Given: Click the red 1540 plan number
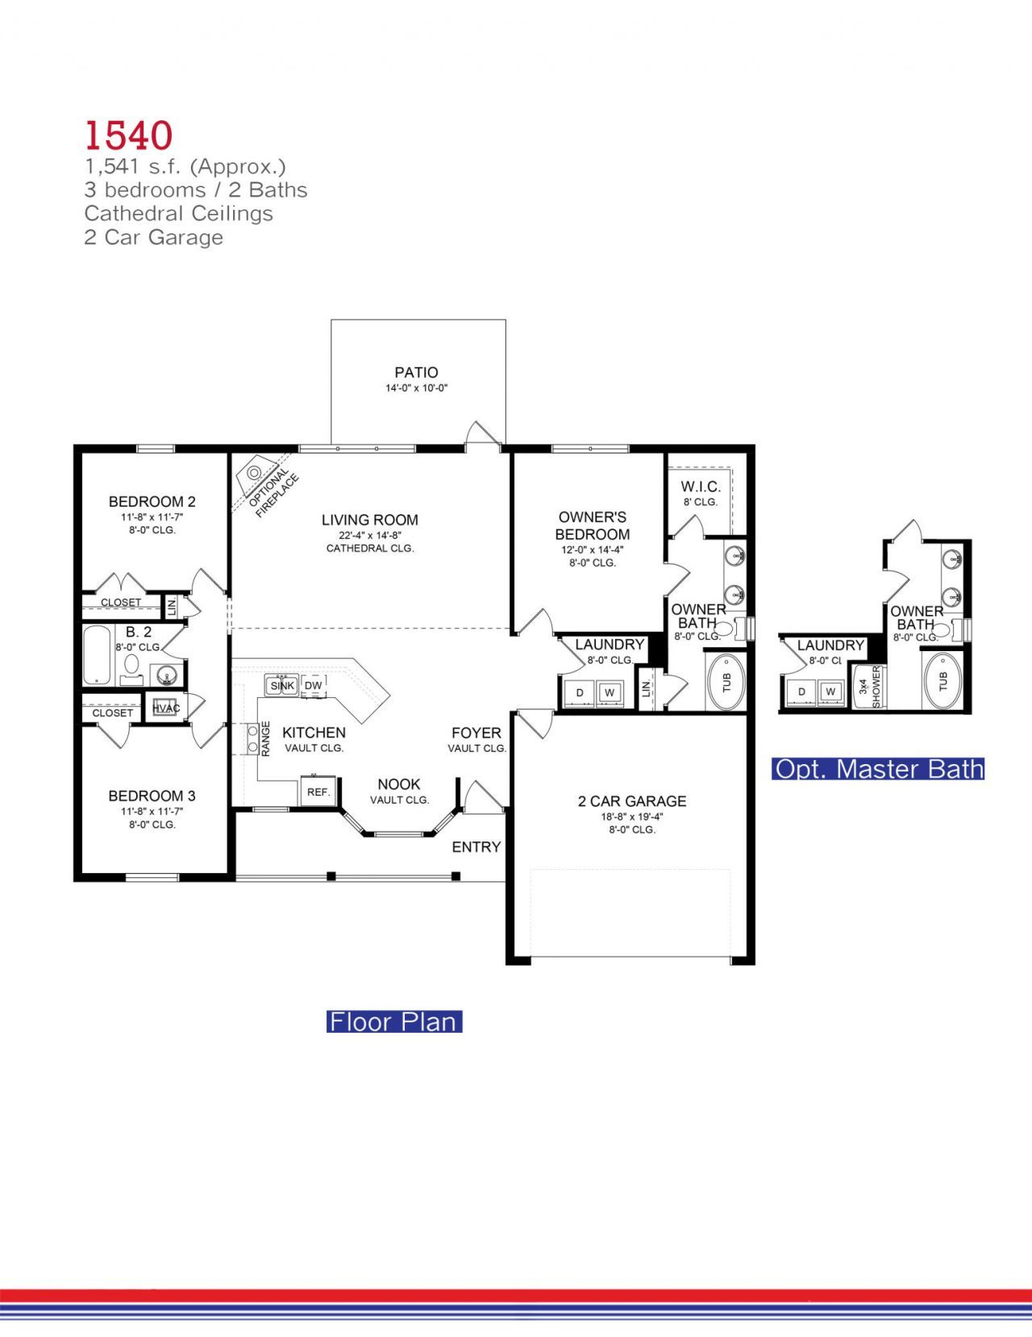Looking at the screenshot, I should (x=128, y=136).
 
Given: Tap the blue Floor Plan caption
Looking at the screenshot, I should (x=393, y=1022).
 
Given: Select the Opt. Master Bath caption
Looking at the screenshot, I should (x=878, y=769).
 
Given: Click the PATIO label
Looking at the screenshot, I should (x=416, y=373).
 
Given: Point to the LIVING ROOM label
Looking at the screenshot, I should (x=369, y=520).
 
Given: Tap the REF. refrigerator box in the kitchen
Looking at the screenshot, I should (x=318, y=792).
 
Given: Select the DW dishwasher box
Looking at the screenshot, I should (x=314, y=686).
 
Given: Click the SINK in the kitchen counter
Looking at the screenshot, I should (x=282, y=686).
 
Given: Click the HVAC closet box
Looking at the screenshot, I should (x=165, y=708).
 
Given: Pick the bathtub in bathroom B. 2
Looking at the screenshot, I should (x=97, y=655).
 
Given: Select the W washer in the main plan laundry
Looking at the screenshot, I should (x=610, y=692).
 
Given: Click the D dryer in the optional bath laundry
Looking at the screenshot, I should (x=801, y=692).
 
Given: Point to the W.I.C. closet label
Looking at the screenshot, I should (x=700, y=487).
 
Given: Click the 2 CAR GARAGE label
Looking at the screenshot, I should (x=632, y=801).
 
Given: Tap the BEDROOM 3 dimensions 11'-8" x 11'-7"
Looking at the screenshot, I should (x=152, y=812).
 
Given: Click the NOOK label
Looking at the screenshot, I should (x=399, y=784).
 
